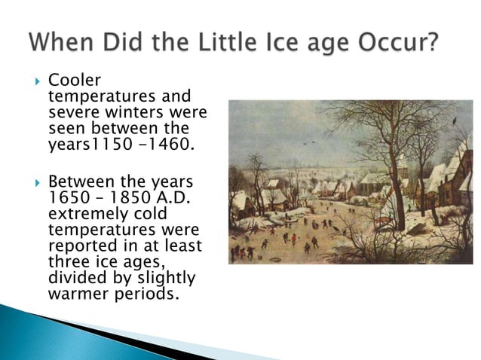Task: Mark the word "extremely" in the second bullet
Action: point(83,215)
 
